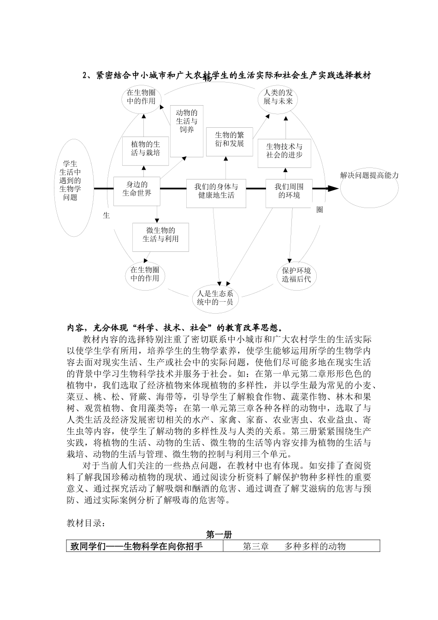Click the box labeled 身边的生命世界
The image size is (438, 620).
(137, 189)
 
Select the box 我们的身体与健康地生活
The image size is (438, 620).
(216, 191)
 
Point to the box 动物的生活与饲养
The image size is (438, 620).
(187, 121)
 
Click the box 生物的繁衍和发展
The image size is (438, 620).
(229, 139)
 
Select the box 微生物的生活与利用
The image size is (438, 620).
(160, 235)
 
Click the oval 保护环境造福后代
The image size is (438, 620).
(296, 274)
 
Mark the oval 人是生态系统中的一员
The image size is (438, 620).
(216, 298)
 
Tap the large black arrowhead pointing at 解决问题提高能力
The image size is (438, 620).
(332, 188)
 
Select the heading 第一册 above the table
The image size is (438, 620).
(219, 535)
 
